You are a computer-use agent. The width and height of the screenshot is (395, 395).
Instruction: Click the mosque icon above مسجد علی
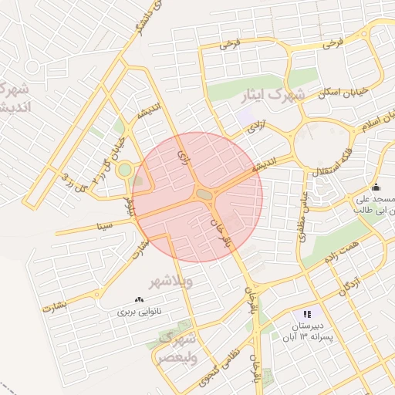tap(376, 187)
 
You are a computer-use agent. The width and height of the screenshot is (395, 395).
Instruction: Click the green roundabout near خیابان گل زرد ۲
tap(125, 169)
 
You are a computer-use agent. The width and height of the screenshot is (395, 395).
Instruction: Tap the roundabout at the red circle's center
tap(205, 195)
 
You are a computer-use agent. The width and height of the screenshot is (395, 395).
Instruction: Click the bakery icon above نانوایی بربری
tap(140, 299)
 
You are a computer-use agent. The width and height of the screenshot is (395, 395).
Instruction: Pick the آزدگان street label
tap(347, 288)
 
